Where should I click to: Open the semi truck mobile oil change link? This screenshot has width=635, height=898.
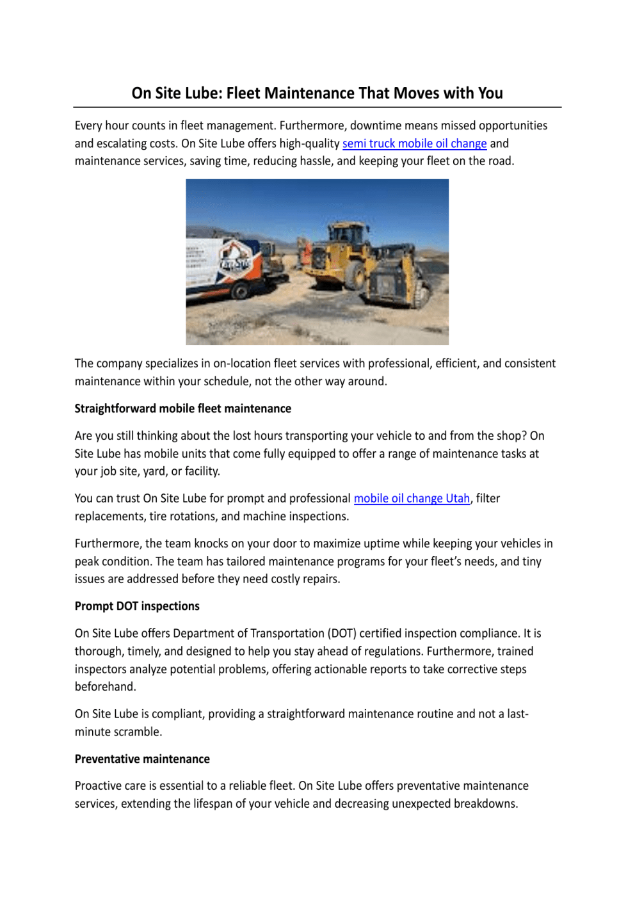[414, 143]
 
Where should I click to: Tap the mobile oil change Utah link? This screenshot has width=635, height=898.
[412, 499]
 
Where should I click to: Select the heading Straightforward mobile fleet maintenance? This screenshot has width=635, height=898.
[182, 408]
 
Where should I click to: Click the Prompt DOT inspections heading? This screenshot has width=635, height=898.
[137, 606]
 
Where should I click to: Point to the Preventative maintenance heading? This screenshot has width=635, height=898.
[142, 759]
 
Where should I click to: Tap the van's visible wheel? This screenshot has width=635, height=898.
[240, 292]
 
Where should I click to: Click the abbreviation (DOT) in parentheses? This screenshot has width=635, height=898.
[342, 634]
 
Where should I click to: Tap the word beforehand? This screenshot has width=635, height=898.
[105, 687]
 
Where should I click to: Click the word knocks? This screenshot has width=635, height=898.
[211, 544]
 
